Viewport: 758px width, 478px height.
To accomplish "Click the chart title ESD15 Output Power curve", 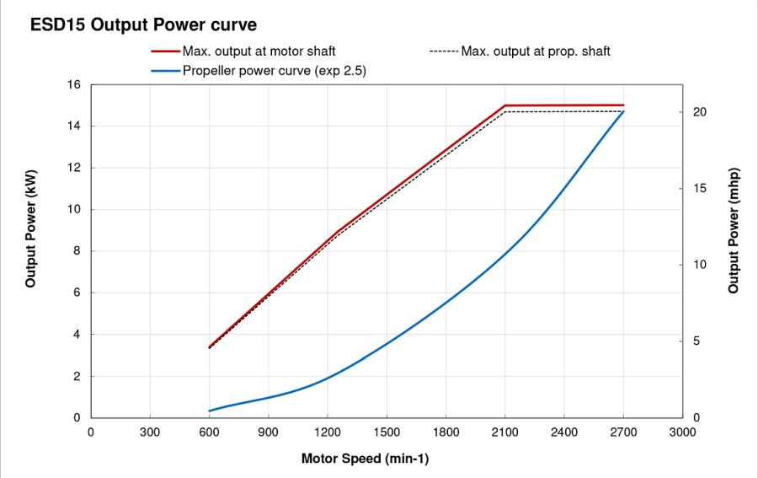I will (x=144, y=25).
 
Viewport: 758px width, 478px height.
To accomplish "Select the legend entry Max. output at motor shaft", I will (x=259, y=51).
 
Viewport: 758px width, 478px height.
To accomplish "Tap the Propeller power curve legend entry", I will (x=274, y=71).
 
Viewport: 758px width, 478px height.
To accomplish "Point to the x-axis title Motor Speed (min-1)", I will (x=371, y=459).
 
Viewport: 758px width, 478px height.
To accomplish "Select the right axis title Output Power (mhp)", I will (x=734, y=230).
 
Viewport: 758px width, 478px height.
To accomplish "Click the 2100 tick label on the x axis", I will (x=504, y=433).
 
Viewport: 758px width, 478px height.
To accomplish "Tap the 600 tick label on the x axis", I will (x=209, y=433).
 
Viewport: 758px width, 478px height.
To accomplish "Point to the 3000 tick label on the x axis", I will (x=682, y=433).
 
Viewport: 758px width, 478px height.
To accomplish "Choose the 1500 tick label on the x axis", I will (x=387, y=433).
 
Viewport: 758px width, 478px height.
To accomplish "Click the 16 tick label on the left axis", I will (x=73, y=85).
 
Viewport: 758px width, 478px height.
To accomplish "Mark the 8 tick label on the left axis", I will (x=77, y=251).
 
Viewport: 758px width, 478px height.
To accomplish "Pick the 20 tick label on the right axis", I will (x=700, y=112).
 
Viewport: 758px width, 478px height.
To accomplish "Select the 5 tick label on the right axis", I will (x=697, y=341).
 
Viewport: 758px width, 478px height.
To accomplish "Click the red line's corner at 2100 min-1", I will (x=504, y=105).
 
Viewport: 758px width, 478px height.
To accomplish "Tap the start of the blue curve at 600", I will (x=209, y=411).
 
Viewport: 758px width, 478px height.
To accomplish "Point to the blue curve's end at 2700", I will (x=623, y=111).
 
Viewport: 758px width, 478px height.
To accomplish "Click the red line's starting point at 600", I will (x=209, y=347).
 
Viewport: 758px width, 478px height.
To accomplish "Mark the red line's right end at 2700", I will (x=623, y=105).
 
